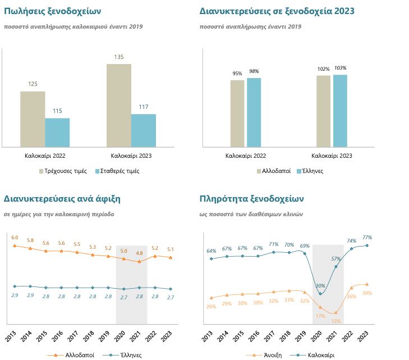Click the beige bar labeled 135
pyautogui.click(x=119, y=106)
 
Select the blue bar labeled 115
pyautogui.click(x=57, y=133)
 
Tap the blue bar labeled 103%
pyautogui.click(x=340, y=111)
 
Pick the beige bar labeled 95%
pyautogui.click(x=237, y=113)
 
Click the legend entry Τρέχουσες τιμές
pyautogui.click(x=63, y=171)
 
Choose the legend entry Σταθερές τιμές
pyautogui.click(x=117, y=171)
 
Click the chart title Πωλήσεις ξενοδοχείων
pyautogui.click(x=52, y=11)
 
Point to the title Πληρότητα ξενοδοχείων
pyautogui.click(x=252, y=199)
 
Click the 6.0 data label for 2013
pyautogui.click(x=15, y=238)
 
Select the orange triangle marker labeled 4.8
pyautogui.click(x=139, y=261)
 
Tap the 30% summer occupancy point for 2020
pyautogui.click(x=320, y=294)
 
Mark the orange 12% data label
pyautogui.click(x=336, y=321)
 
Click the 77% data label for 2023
pyautogui.click(x=367, y=238)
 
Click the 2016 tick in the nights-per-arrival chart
pyautogui.click(x=57, y=336)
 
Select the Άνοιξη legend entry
pyautogui.click(x=264, y=356)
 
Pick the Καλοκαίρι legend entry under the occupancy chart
pyautogui.click(x=313, y=356)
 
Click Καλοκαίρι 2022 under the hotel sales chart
pyautogui.click(x=45, y=156)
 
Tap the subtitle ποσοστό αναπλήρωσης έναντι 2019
pyautogui.click(x=250, y=26)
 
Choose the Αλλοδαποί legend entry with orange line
pyautogui.click(x=71, y=356)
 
